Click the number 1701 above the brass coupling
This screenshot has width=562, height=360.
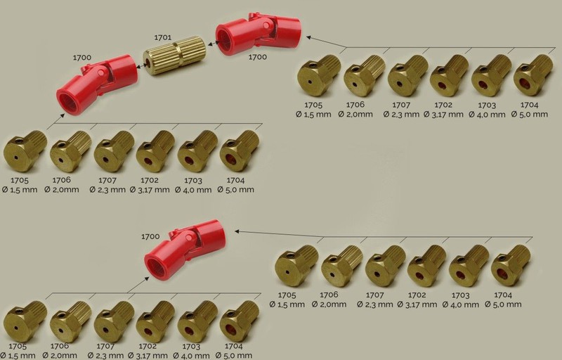163,37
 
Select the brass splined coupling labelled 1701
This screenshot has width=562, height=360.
174,56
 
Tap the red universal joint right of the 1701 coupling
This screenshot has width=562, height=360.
258,34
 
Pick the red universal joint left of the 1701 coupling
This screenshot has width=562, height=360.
97,84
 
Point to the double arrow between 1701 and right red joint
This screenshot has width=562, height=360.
213,44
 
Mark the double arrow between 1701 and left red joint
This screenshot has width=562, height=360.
140,66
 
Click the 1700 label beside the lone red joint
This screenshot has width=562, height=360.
150,237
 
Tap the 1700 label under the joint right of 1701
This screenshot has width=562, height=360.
257,57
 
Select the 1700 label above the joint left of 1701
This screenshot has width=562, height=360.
82,58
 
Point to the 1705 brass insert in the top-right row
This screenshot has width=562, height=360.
318,75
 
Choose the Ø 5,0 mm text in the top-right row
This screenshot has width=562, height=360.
530,115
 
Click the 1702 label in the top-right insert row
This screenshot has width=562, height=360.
443,105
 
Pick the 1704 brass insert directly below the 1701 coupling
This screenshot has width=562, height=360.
239,150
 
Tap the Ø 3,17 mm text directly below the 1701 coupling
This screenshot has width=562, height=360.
150,190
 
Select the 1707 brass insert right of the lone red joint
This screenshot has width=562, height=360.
385,266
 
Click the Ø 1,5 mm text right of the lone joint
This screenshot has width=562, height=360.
287,304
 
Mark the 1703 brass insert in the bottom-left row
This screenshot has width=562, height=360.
197,321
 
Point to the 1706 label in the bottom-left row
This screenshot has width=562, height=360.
60,346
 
